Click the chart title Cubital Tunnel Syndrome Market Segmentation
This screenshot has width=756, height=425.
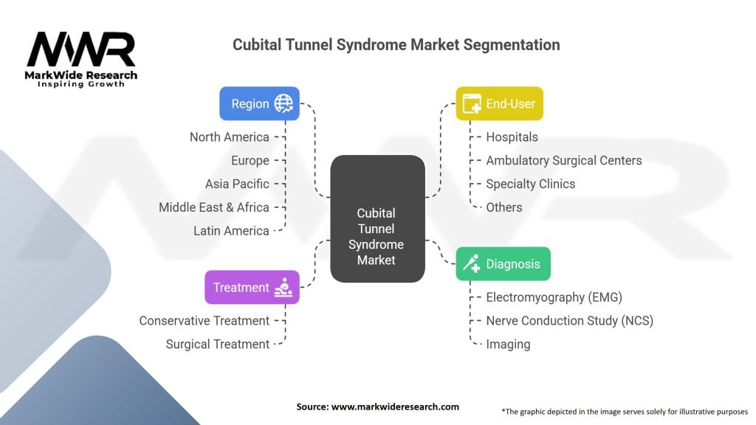coord(396,45)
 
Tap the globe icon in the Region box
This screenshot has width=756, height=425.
coord(283,103)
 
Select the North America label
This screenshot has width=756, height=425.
coord(229,137)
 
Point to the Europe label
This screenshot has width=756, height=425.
coord(250,160)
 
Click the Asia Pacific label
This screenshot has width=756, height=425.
coord(237,184)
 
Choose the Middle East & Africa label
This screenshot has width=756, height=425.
coord(213,207)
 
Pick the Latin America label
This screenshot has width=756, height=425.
coord(231,231)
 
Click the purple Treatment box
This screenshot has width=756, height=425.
coord(252,288)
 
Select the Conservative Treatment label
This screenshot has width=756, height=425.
coord(205,321)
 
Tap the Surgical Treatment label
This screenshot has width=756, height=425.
coord(218,345)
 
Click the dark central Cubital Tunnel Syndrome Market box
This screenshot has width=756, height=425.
coord(377,219)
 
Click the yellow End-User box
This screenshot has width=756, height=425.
coord(499,103)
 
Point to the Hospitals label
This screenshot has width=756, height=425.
coord(512,137)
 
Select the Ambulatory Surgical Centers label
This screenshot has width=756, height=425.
coord(563,160)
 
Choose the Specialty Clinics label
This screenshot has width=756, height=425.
coord(530,184)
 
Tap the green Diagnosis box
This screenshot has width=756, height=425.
coord(503,264)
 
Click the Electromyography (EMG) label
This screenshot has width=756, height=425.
coord(554,297)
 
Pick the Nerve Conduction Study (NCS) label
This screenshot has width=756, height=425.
coord(569,321)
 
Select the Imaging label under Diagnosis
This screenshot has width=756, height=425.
coord(508,345)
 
